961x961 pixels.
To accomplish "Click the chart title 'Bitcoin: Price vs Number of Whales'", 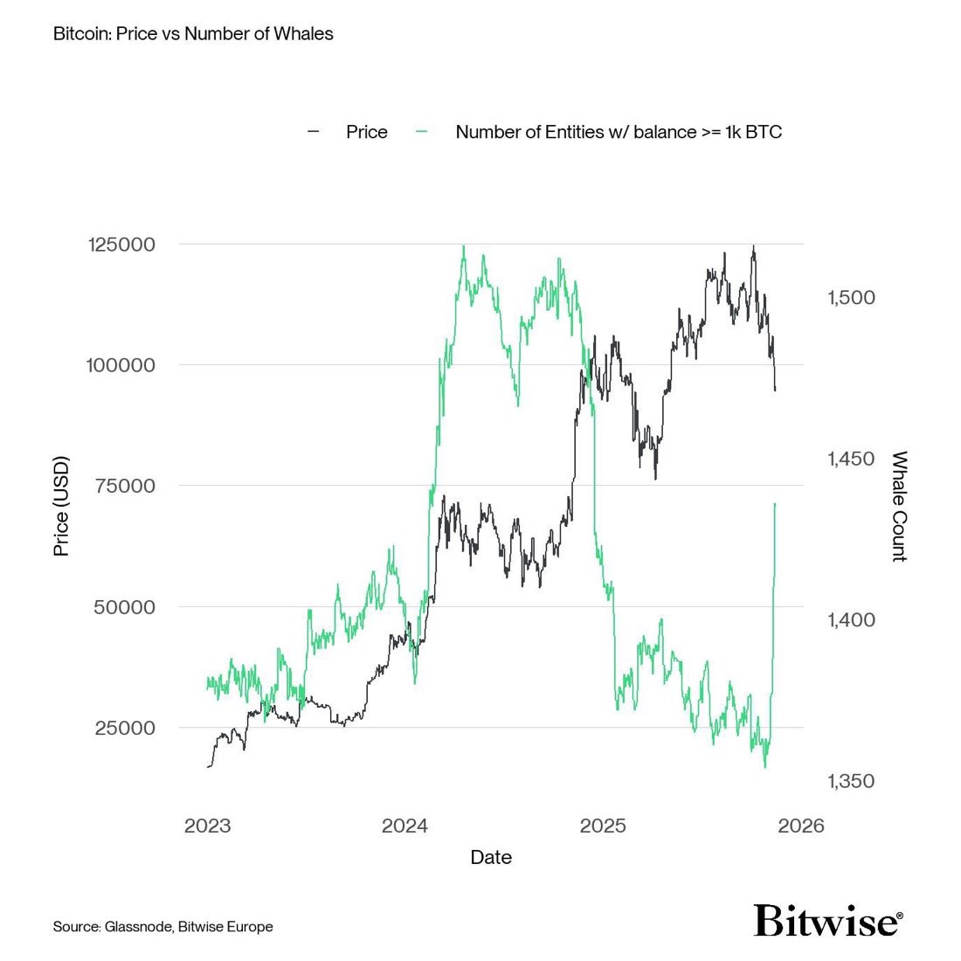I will pyautogui.click(x=193, y=34).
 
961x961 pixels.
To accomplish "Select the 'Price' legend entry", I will pyautogui.click(x=366, y=132).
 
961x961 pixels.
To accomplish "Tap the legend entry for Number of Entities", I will pyautogui.click(x=618, y=132).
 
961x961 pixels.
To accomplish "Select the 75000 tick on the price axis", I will pyautogui.click(x=125, y=486).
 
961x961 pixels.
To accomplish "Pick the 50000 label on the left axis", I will pyautogui.click(x=124, y=606).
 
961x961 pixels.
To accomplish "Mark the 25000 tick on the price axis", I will pyautogui.click(x=124, y=728).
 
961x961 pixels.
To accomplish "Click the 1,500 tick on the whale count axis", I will pyautogui.click(x=851, y=298).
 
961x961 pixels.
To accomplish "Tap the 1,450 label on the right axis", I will pyautogui.click(x=851, y=459).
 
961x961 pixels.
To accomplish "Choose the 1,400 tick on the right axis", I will pyautogui.click(x=851, y=620).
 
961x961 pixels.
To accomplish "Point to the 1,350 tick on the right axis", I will pyautogui.click(x=851, y=781).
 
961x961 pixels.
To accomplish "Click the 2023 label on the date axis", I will pyautogui.click(x=207, y=826).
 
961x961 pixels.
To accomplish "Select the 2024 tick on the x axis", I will pyautogui.click(x=405, y=826).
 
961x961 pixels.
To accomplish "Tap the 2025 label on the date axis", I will pyautogui.click(x=604, y=826).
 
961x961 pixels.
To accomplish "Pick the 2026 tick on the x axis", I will pyautogui.click(x=801, y=826).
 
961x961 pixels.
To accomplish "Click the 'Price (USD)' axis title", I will pyautogui.click(x=61, y=507).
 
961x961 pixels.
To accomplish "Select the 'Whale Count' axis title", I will pyautogui.click(x=899, y=507).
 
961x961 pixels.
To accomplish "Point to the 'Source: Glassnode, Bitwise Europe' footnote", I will pyautogui.click(x=162, y=926).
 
